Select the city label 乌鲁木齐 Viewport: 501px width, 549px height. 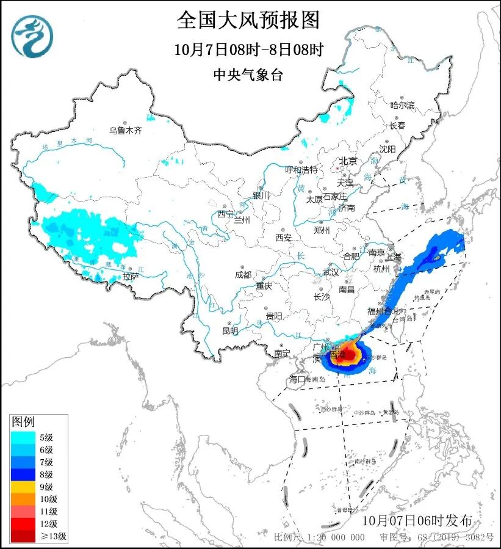click(x=125, y=130)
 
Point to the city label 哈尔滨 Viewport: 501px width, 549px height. click(x=402, y=106)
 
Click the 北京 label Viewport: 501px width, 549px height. click(x=347, y=162)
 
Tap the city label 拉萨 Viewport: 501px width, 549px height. click(x=131, y=277)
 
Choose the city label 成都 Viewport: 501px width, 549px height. click(x=243, y=275)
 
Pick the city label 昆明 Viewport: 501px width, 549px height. click(x=230, y=331)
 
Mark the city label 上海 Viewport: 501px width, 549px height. click(x=394, y=257)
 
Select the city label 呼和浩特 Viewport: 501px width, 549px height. click(x=301, y=169)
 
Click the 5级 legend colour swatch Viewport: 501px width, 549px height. click(x=24, y=437)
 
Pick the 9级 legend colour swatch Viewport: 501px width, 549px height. click(x=24, y=487)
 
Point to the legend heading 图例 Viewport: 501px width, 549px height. click(x=24, y=422)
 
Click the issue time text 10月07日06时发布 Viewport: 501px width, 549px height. click(x=416, y=521)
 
